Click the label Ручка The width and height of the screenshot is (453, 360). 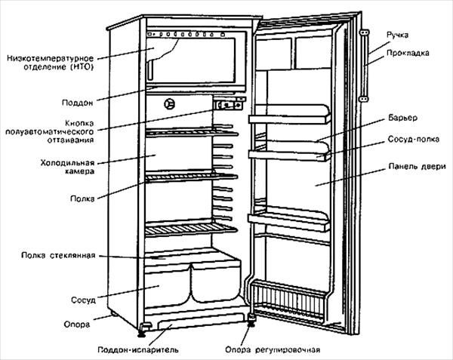click(398, 35)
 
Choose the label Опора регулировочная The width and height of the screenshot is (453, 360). click(273, 349)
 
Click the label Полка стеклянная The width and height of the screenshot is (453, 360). click(57, 256)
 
